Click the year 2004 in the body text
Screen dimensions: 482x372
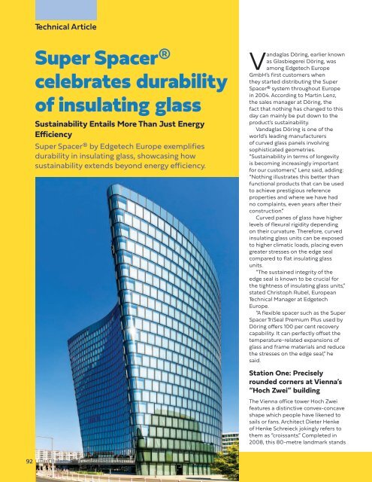point(269,117)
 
